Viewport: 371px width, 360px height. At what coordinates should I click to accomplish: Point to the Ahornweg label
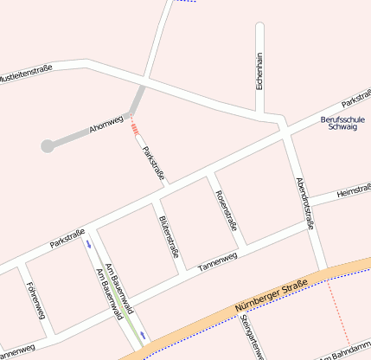pyautogui.click(x=106, y=123)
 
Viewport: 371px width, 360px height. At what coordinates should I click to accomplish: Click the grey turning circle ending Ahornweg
pyautogui.click(x=48, y=146)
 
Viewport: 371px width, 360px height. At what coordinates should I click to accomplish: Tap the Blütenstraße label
pyautogui.click(x=169, y=235)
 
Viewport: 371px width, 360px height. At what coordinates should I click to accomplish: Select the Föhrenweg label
pyautogui.click(x=35, y=297)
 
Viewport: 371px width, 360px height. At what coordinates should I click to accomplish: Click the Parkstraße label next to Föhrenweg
pyautogui.click(x=67, y=238)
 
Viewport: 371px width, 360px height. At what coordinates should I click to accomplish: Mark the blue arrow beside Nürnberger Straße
pyautogui.click(x=143, y=334)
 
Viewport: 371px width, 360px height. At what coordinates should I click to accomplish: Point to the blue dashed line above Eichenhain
pyautogui.click(x=185, y=2)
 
